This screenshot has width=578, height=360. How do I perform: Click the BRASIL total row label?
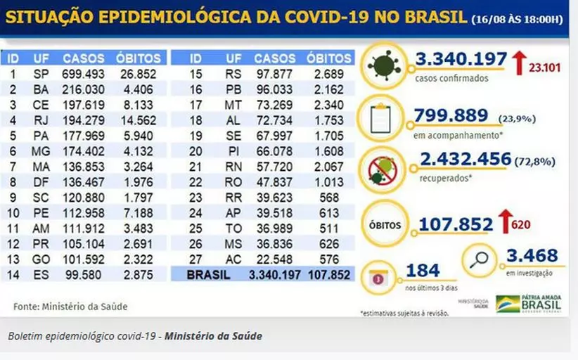point(208,275)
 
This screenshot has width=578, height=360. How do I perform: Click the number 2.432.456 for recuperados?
point(465,159)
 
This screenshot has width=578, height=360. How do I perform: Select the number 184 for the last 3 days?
point(422,270)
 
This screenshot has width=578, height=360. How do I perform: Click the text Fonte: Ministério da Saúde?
point(70,306)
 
